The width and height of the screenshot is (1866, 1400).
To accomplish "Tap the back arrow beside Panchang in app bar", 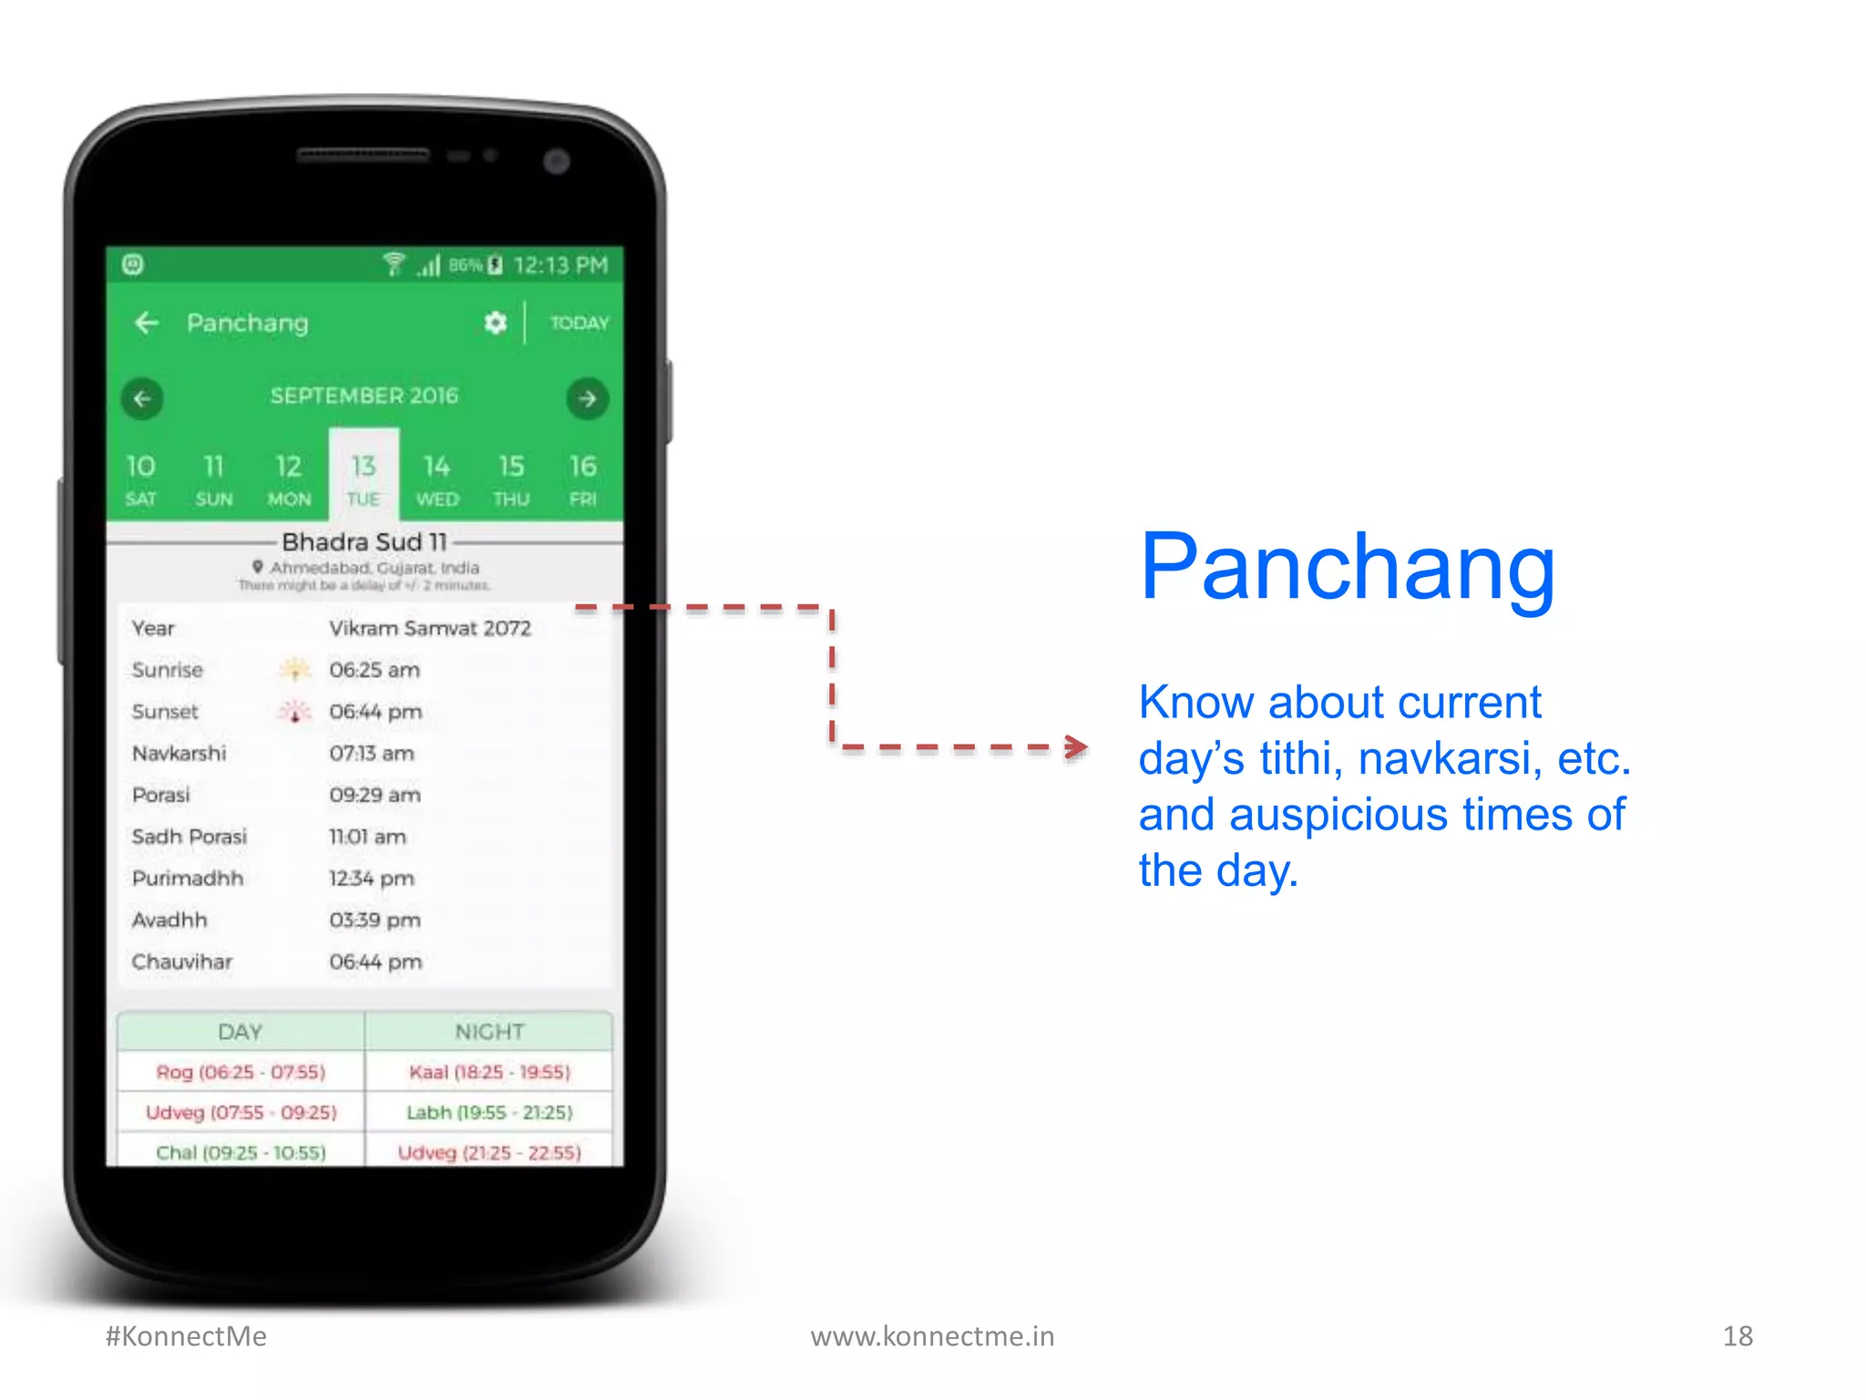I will [146, 323].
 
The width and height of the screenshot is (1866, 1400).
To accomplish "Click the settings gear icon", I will [495, 323].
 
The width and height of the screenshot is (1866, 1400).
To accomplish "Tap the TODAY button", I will [579, 324].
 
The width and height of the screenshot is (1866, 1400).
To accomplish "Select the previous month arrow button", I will [142, 398].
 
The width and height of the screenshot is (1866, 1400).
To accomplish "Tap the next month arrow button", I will [587, 398].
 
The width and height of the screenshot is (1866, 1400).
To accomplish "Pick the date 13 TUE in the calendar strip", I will [364, 479].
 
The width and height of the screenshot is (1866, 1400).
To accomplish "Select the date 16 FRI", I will [583, 479].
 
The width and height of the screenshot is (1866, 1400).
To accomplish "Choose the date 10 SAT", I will [141, 479].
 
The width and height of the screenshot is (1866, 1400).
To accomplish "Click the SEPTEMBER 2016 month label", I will [364, 396].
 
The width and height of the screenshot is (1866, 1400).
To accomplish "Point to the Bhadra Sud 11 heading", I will [364, 542].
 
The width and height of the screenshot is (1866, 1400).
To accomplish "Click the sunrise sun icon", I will [294, 670].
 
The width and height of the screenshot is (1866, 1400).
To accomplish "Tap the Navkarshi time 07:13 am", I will [372, 754].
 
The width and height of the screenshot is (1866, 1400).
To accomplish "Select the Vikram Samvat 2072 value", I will [429, 629].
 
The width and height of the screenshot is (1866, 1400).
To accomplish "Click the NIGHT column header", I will [489, 1032].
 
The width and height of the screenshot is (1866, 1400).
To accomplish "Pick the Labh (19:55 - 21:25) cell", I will [489, 1113].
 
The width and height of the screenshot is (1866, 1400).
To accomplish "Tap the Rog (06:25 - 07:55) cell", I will [241, 1072].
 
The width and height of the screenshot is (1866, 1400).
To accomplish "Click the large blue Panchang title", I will [1347, 567].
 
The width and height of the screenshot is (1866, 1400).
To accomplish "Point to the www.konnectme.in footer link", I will [932, 1336].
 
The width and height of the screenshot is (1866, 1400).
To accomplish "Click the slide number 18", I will [1738, 1336].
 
